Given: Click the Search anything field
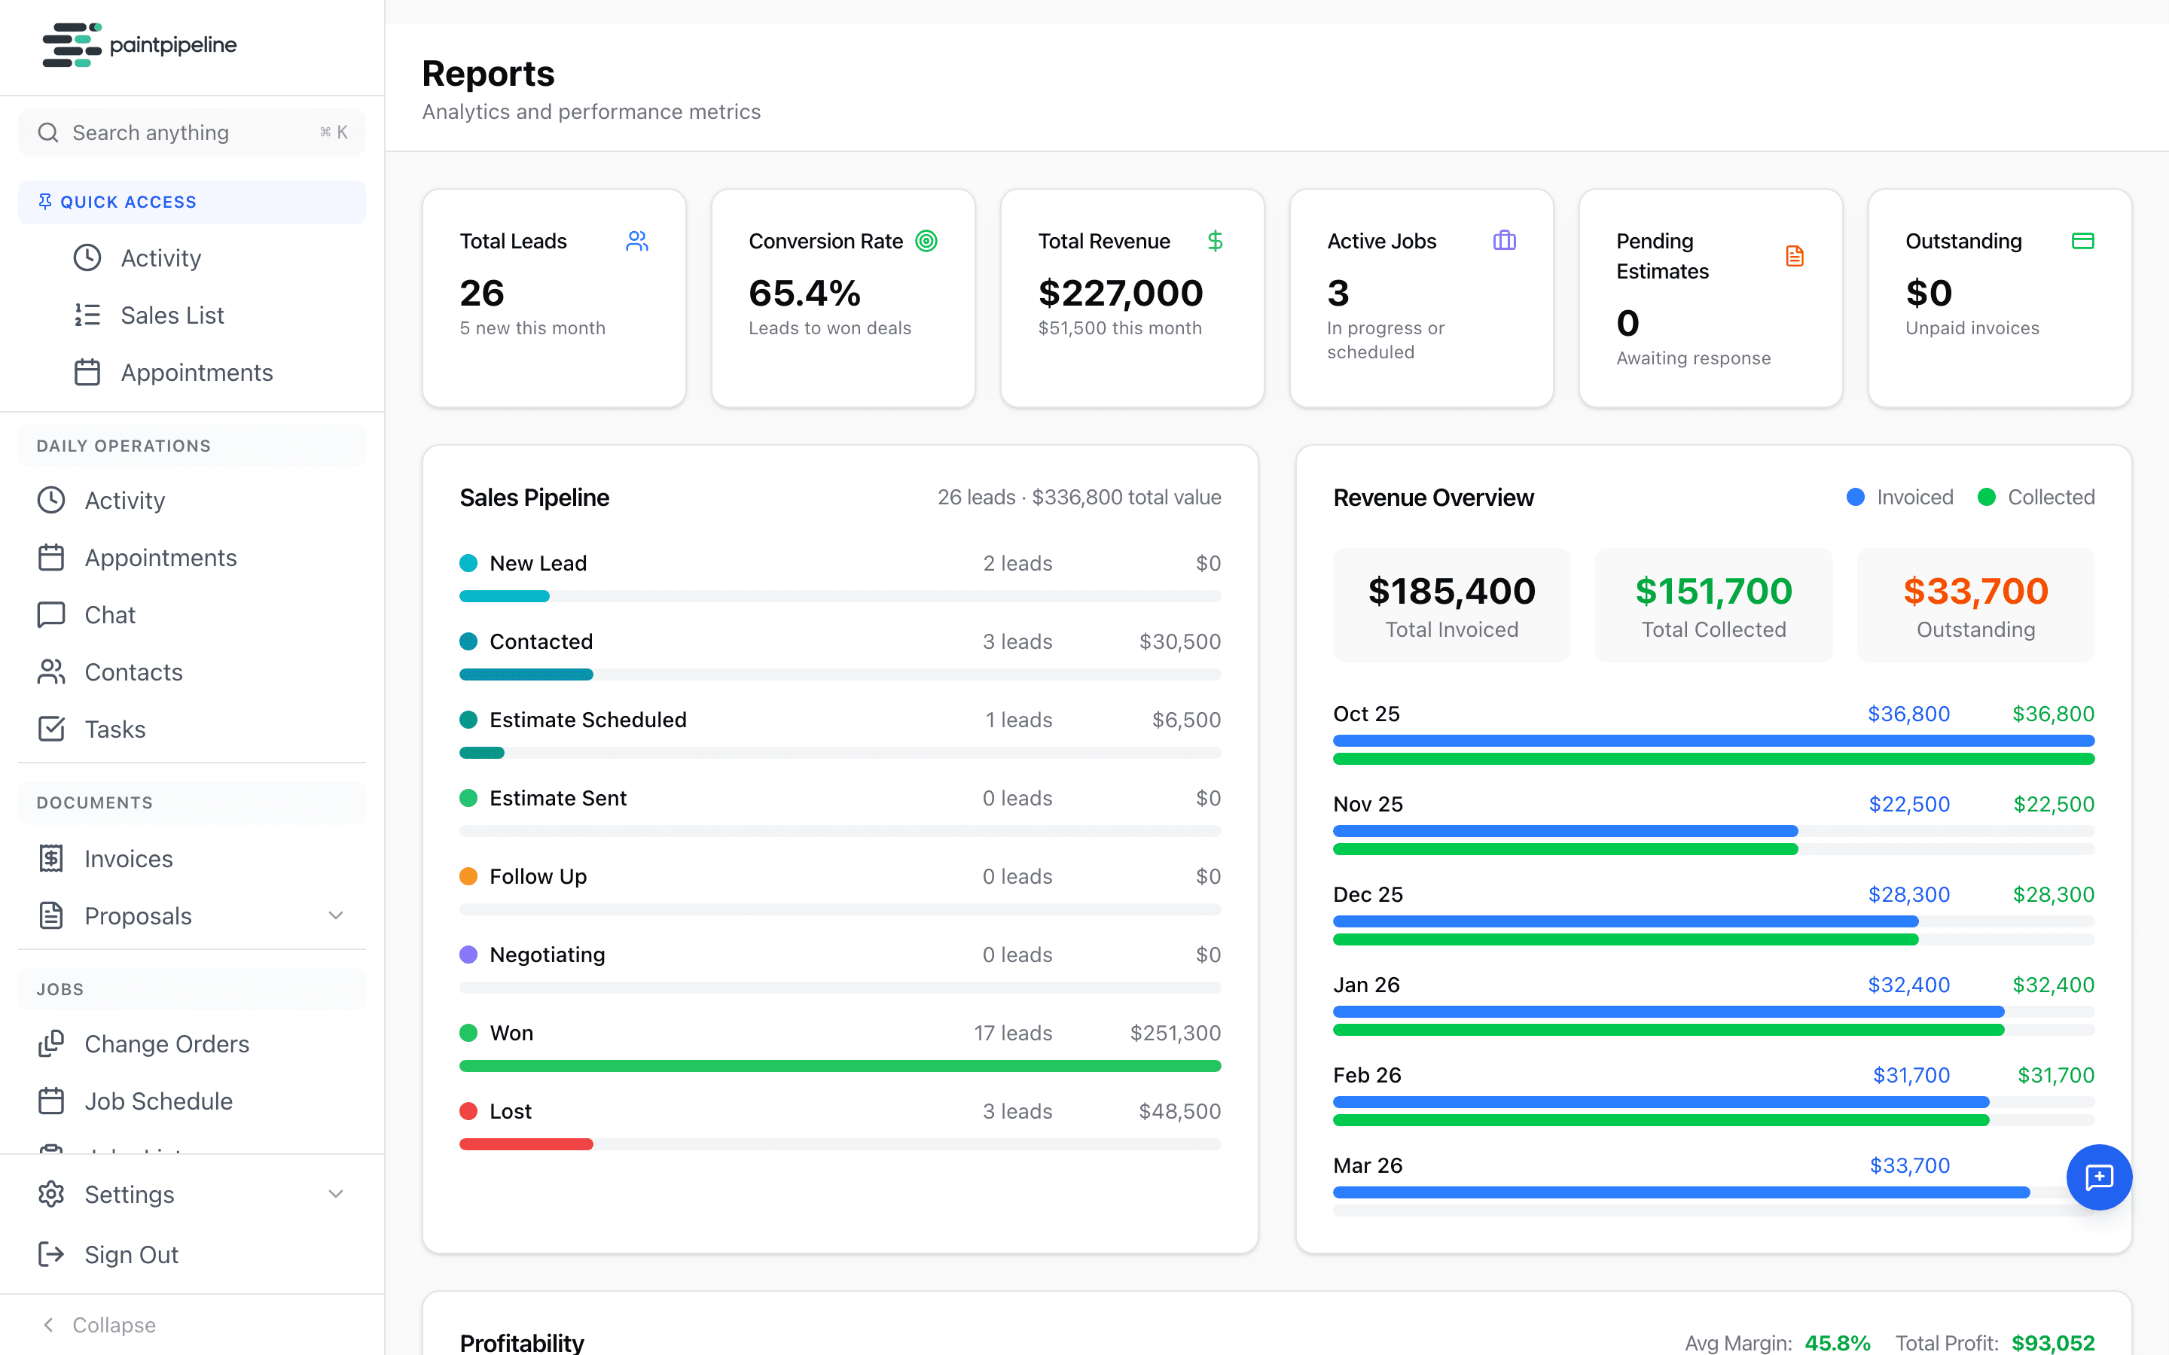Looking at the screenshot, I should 179,132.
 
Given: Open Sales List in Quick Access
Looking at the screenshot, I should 172,315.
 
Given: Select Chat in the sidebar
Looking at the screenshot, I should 109,615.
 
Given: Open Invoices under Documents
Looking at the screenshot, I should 128,858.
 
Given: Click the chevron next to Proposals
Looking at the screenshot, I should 336,916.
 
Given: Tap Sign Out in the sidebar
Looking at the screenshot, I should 131,1255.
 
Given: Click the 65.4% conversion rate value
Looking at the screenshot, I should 804,293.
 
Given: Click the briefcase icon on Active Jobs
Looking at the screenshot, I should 1504,240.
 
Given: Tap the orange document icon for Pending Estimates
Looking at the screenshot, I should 1795,256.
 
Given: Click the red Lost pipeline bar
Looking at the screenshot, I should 526,1144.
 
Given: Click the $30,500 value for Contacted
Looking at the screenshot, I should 1179,641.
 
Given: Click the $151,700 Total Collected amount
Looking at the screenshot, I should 1713,592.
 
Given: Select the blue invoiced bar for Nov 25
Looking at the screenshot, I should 1565,831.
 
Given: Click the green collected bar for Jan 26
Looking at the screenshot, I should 1668,1031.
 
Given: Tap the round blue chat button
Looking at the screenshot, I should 2099,1177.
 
